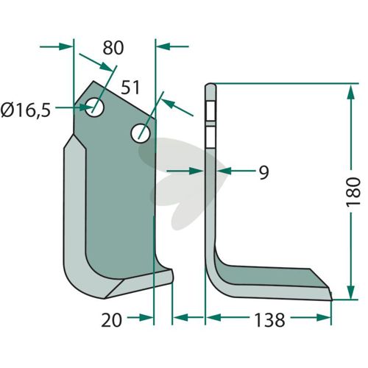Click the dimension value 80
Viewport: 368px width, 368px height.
(x=113, y=48)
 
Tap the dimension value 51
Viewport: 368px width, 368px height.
(x=130, y=88)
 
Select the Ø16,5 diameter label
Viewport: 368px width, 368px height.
(x=26, y=110)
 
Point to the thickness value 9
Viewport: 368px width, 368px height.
(x=264, y=173)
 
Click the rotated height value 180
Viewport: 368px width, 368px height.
(x=353, y=191)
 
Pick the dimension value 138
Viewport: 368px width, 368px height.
(x=269, y=320)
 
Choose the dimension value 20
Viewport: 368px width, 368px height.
(x=112, y=320)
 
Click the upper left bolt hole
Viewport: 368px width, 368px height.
(x=94, y=107)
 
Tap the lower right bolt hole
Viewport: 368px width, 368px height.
(x=141, y=133)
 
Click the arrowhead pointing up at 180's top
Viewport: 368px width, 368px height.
(x=351, y=92)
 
